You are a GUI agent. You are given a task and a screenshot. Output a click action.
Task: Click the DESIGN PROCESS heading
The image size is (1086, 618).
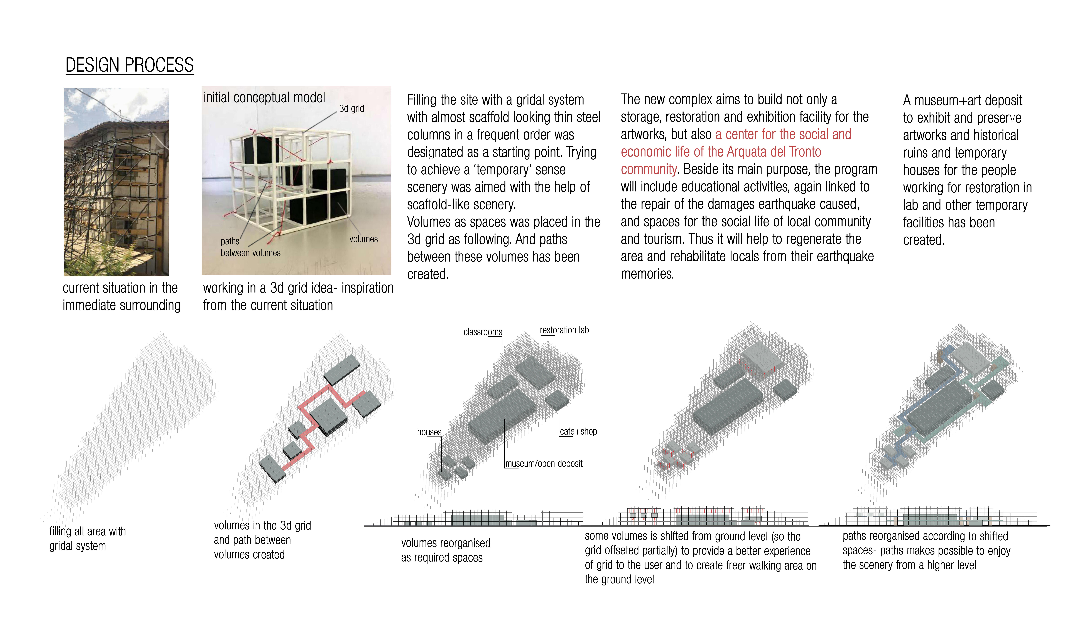point(130,65)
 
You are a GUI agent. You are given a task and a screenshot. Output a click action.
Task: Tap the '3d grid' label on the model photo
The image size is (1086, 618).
point(351,109)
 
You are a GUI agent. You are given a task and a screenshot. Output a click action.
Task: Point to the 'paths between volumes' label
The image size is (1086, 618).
point(250,247)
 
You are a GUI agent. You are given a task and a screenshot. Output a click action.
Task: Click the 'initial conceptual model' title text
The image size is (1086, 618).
point(264,98)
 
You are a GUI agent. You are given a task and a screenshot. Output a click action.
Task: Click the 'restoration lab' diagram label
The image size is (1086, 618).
point(564,330)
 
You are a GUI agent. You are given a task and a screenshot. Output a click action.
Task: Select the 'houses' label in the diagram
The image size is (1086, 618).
point(429,432)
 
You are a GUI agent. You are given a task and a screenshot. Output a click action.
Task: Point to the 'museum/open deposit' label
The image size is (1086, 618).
point(544,463)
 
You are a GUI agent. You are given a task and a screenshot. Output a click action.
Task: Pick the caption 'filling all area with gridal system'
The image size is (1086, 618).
point(88,539)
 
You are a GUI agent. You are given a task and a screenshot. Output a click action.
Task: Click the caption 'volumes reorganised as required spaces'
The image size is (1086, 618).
point(446,550)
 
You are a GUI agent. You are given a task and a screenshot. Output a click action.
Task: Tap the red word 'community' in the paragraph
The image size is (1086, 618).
point(648,169)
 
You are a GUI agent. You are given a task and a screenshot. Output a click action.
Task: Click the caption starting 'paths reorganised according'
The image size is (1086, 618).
point(926,551)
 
